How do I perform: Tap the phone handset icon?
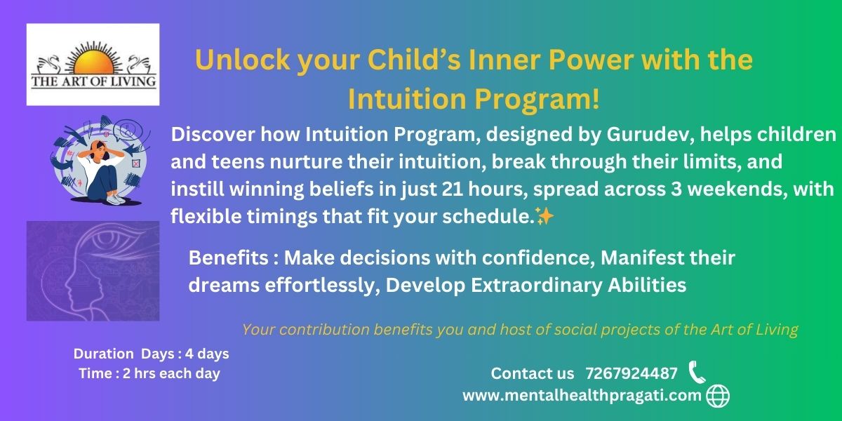(x=697, y=372)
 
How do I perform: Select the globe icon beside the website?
(x=718, y=396)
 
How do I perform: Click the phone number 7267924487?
(x=631, y=373)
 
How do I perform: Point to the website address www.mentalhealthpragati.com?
(x=582, y=396)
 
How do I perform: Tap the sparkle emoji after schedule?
(x=544, y=216)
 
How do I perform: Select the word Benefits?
(x=228, y=258)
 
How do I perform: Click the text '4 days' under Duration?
(x=207, y=354)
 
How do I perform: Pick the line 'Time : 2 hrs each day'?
(x=149, y=373)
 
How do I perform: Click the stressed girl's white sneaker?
(x=115, y=199)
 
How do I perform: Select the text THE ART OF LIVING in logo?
(x=93, y=81)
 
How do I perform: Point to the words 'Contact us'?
(x=533, y=373)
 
